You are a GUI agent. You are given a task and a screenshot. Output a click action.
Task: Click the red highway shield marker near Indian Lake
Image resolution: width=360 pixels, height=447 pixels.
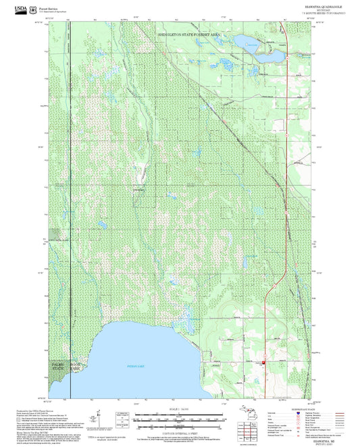point(263,363)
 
